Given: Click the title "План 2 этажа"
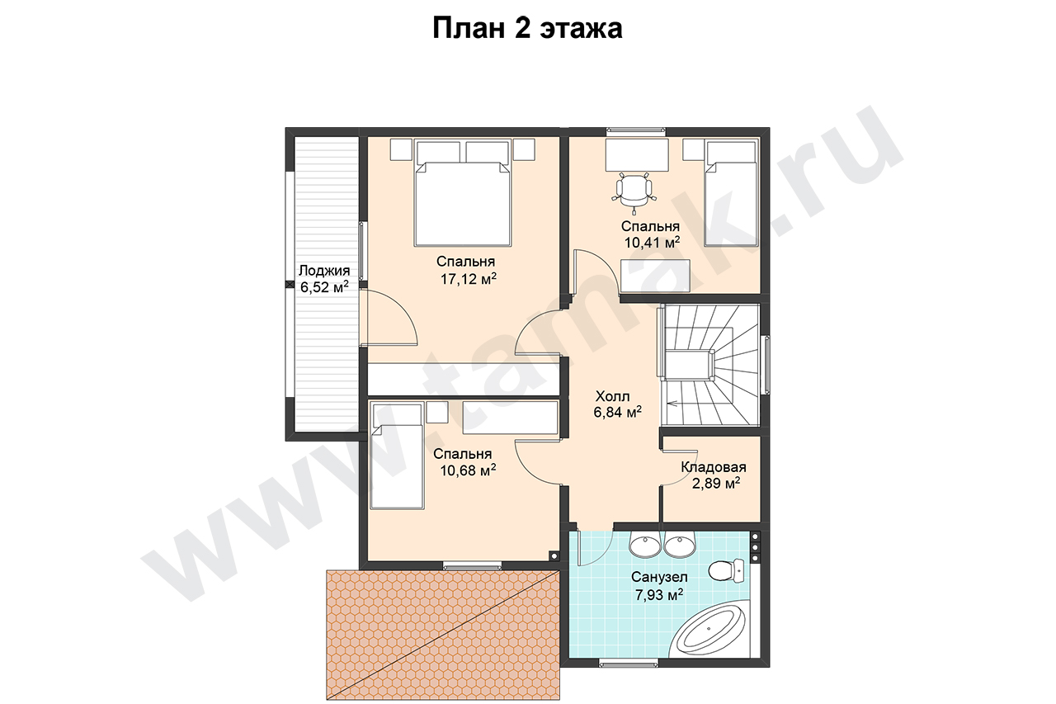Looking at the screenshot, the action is tap(527, 28).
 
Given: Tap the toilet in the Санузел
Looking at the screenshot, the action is tap(726, 571).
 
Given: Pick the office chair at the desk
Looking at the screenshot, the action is tap(634, 193).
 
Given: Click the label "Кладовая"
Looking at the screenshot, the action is tap(714, 467).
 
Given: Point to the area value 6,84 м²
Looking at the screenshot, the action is tap(618, 412).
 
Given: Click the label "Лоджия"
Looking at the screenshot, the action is tap(324, 271).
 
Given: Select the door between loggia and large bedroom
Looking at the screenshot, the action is tap(388, 319).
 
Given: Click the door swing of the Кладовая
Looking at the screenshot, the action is tap(672, 468).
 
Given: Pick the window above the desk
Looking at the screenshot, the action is tap(636, 131).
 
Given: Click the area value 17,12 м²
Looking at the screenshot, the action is tap(469, 279).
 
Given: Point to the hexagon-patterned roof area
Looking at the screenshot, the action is tap(443, 635).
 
